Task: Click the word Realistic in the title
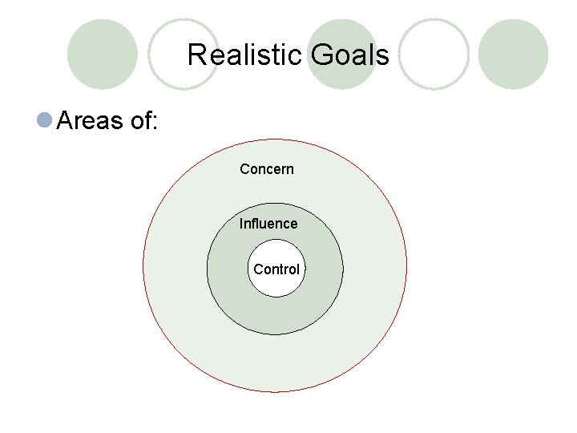245,55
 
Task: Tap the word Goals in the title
349,55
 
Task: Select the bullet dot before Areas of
45,120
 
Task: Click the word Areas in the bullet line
91,121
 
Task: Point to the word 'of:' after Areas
144,121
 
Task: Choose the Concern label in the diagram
267,169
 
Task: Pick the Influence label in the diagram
268,224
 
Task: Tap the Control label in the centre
276,269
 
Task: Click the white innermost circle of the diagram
276,284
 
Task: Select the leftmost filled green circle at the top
103,54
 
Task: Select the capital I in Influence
241,224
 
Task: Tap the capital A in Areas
67,121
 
